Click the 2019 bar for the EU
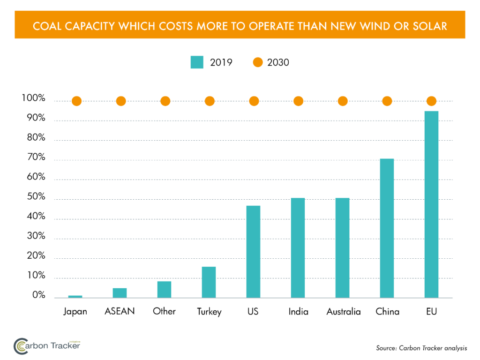tap(431, 204)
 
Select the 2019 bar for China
tap(387, 228)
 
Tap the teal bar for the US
tap(253, 252)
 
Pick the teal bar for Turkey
tap(209, 282)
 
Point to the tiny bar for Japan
tap(75, 296)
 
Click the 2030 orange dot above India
tap(298, 101)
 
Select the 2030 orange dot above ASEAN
tap(120, 101)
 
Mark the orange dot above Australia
tap(343, 101)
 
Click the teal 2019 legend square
tap(197, 62)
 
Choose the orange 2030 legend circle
tap(258, 62)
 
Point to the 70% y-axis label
tap(33, 158)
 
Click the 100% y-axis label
tap(33, 99)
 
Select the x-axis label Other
tap(164, 311)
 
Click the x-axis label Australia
tap(344, 312)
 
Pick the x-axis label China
tap(387, 312)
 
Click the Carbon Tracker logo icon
tap(22, 346)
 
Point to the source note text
tap(421, 348)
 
